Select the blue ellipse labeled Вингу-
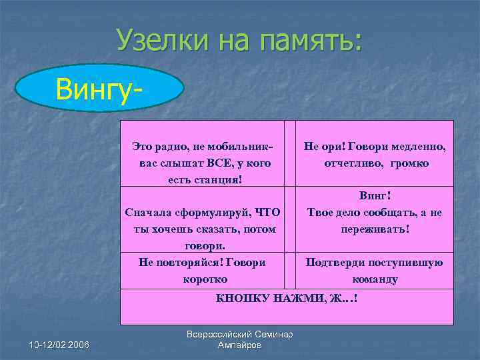(x=99, y=87)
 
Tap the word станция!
(x=219, y=179)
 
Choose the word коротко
(x=205, y=279)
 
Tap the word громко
(x=409, y=163)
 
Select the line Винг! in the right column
(x=375, y=196)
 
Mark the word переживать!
(x=375, y=229)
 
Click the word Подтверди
(x=334, y=262)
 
